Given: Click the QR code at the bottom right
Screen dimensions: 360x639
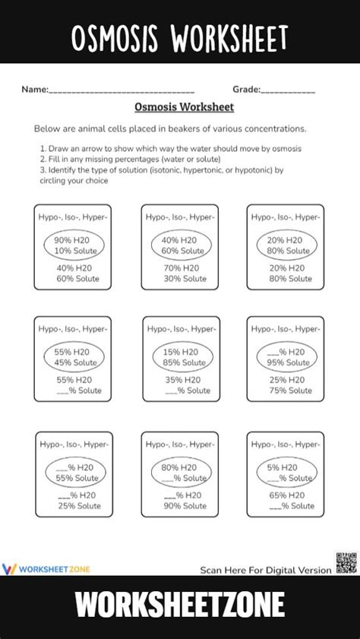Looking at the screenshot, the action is coord(344,564).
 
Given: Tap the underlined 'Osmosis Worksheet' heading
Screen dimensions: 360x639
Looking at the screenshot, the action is coord(184,107).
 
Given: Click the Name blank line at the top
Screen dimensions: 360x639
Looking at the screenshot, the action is coord(122,90).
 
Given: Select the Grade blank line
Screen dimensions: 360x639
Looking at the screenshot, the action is coord(288,90).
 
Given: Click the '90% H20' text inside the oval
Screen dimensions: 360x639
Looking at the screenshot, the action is coord(73,240).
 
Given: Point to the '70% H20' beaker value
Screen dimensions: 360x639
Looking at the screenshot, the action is coord(182,268).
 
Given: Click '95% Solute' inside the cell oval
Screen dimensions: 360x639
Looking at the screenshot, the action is coord(289,362).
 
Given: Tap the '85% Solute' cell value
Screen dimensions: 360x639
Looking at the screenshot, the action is coord(182,362).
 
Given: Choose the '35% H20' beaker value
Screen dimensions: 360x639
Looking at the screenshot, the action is coord(182,380).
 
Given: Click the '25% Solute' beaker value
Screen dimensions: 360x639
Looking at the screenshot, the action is coord(77,505).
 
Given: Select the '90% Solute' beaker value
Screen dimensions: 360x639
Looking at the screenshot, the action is coord(183,505).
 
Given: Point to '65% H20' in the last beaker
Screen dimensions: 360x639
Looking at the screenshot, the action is coord(288,495).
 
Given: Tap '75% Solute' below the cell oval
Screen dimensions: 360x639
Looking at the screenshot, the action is coord(289,391).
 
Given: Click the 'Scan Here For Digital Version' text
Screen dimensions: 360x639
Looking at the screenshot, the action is coord(266,569).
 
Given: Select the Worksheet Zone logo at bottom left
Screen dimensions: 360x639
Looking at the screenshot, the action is coord(46,568).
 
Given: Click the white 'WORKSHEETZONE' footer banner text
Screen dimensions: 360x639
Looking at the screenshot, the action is coord(180,606).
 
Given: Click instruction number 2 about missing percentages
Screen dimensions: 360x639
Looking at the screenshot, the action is coord(130,160).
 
